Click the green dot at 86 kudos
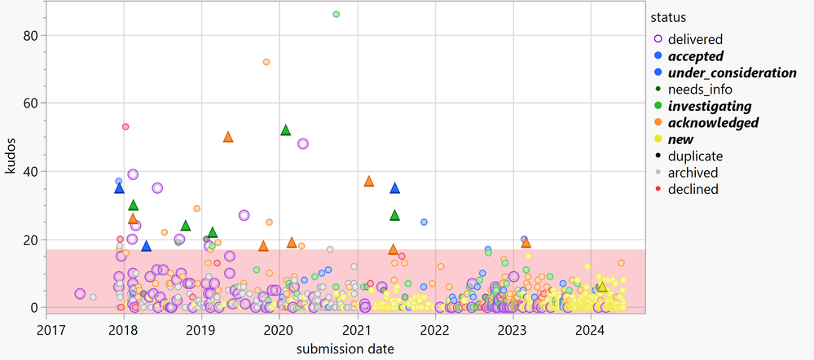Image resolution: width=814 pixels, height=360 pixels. coord(337,14)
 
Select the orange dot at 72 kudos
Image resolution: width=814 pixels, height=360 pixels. coord(266,62)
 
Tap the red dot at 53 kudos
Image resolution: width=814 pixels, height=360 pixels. coord(125,126)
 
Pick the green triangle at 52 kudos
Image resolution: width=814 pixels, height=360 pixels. coord(286,130)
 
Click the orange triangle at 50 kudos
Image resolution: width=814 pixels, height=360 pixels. coord(228,137)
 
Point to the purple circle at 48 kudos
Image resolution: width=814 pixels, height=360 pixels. coord(303,143)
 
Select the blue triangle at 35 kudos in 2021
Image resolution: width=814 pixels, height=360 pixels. coord(395,188)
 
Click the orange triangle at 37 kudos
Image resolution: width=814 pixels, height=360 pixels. coord(368,181)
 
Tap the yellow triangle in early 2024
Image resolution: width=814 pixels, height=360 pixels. coord(602,287)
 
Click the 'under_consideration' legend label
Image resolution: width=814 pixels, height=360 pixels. coord(732,72)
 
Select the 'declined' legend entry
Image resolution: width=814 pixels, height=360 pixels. coord(693,189)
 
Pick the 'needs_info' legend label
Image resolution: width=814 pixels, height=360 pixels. coord(699,89)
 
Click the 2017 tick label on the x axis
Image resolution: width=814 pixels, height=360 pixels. coord(51,330)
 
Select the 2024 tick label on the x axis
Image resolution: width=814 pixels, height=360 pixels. coord(591,330)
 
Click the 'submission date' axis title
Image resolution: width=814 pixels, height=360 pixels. coord(345,349)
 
